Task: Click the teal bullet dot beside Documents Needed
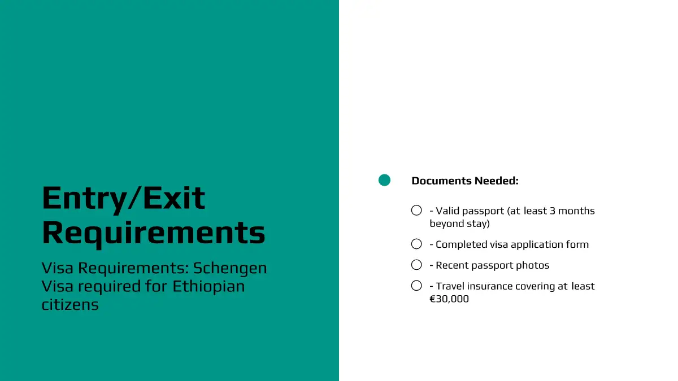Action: coord(384,180)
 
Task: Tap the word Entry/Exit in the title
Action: coord(124,199)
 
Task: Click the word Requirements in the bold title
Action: coord(154,233)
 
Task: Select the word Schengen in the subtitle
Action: coord(230,268)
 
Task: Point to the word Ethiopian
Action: coord(208,286)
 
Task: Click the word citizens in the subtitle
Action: coord(70,304)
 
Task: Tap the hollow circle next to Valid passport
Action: coord(416,210)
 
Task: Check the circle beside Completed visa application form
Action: coord(416,244)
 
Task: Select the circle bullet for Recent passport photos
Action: coord(416,265)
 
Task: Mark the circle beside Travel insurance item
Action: coord(416,286)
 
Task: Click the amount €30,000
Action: coord(449,299)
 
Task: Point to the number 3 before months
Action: coord(553,211)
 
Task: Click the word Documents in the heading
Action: coord(442,181)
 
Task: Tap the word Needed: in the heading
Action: coord(497,181)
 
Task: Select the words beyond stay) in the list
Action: coord(460,224)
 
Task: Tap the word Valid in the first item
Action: coord(447,211)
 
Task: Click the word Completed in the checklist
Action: coord(461,244)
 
